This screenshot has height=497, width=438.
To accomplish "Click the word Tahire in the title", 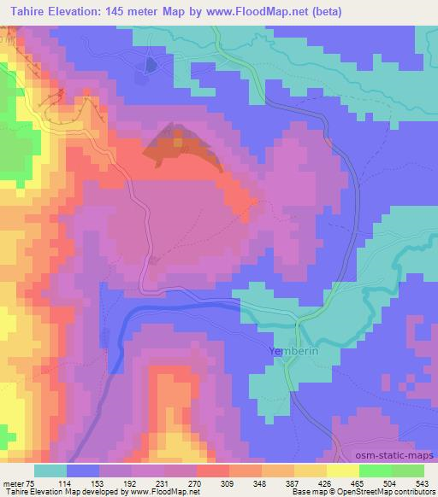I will pyautogui.click(x=21, y=9).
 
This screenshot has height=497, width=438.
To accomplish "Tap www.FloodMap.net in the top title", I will pyautogui.click(x=265, y=9).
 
